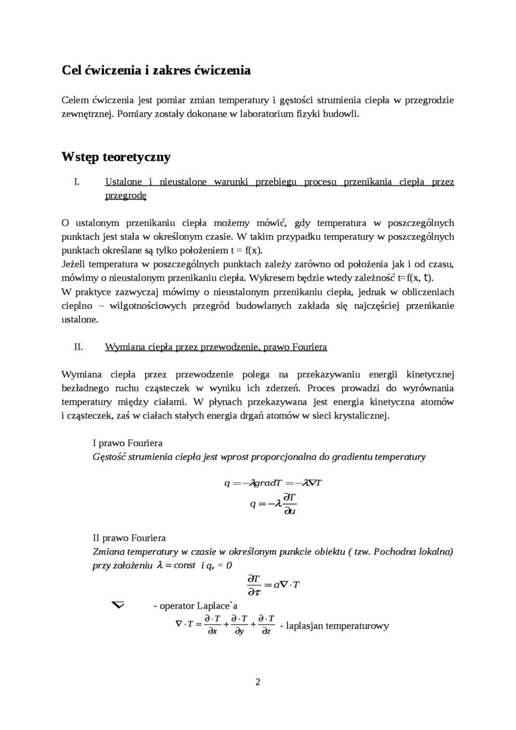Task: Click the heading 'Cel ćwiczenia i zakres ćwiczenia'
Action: tap(155, 70)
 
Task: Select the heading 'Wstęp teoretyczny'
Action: tap(115, 157)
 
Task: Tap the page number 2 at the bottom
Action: tap(258, 682)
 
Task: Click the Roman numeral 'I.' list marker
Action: tap(77, 182)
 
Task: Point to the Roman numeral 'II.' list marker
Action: tap(78, 346)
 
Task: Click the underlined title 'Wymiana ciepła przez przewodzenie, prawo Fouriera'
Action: tap(216, 346)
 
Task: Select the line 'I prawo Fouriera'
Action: tap(128, 442)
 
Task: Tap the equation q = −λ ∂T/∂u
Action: tap(274, 504)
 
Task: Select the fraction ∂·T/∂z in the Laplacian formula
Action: tap(267, 625)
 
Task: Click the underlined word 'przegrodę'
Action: tap(126, 196)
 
